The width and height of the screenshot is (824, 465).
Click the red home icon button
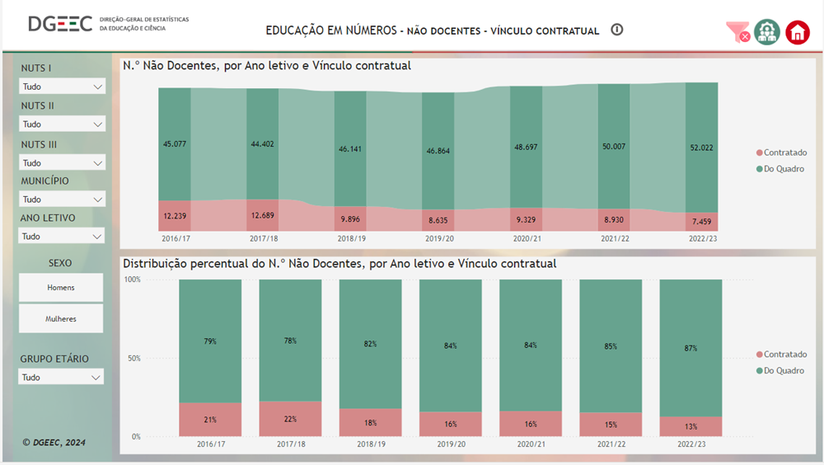(798, 32)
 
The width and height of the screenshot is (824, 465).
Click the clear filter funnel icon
(737, 32)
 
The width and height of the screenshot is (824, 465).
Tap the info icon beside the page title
(617, 30)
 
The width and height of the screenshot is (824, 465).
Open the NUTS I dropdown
(62, 87)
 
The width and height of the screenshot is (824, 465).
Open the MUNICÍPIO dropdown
(62, 200)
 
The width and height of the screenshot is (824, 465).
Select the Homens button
(61, 288)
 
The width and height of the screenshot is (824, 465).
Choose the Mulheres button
(61, 318)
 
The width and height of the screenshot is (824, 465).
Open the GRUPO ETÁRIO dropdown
(62, 378)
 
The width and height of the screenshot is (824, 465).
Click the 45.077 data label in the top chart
(174, 144)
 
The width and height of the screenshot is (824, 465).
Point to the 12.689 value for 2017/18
(262, 216)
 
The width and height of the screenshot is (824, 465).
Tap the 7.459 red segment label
(701, 222)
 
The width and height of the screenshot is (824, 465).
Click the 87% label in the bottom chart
(691, 348)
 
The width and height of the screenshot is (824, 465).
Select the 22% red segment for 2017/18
(291, 419)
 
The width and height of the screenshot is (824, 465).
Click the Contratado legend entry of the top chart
(780, 153)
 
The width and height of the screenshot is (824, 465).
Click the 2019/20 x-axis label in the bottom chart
(451, 444)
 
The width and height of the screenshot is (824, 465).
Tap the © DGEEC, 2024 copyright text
(54, 443)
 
